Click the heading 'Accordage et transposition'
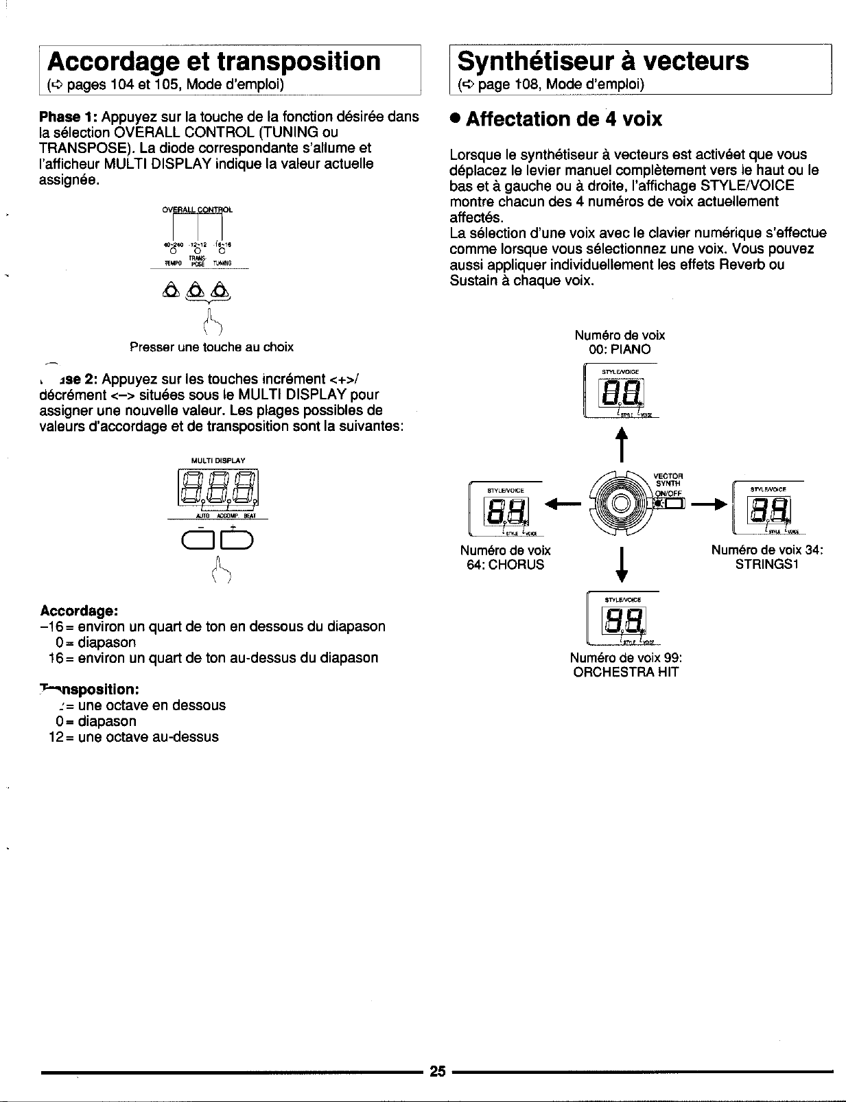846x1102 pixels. (x=213, y=61)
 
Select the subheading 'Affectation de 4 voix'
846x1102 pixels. (x=563, y=119)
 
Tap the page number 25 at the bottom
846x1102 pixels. (x=438, y=1071)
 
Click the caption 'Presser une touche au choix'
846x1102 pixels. (x=211, y=347)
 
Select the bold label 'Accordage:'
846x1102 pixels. (x=80, y=611)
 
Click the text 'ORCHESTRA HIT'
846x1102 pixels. (x=626, y=672)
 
